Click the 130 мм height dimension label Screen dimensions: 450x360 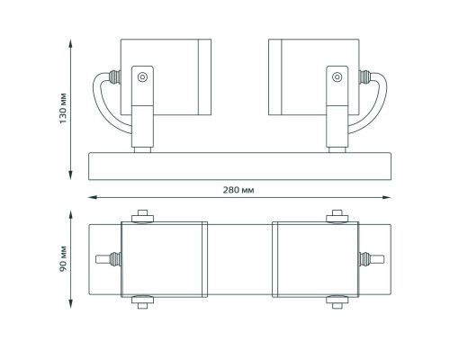(63, 108)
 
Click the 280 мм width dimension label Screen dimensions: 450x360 (238, 190)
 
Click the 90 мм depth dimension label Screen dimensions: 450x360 (63, 259)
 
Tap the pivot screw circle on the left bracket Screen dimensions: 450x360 (142, 77)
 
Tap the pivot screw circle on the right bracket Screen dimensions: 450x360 (337, 77)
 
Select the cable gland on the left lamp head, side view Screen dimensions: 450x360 (115, 77)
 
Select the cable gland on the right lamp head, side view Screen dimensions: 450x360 (364, 77)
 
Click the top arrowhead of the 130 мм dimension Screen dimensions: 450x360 (71, 43)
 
